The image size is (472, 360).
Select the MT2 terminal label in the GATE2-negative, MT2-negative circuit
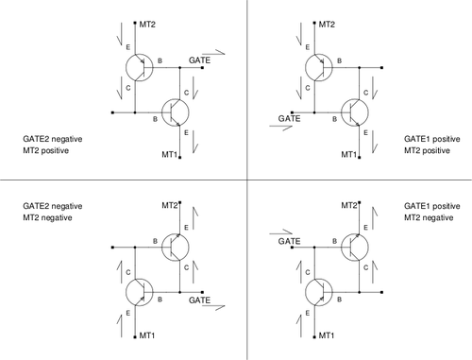[170, 205]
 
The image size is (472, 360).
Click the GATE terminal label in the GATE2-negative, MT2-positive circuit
[199, 60]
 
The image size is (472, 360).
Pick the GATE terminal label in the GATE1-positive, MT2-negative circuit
[289, 242]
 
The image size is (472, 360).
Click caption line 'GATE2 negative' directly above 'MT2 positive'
[53, 139]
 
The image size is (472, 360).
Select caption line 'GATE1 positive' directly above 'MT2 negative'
[432, 206]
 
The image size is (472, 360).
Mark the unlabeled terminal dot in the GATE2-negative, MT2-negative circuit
[113, 248]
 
